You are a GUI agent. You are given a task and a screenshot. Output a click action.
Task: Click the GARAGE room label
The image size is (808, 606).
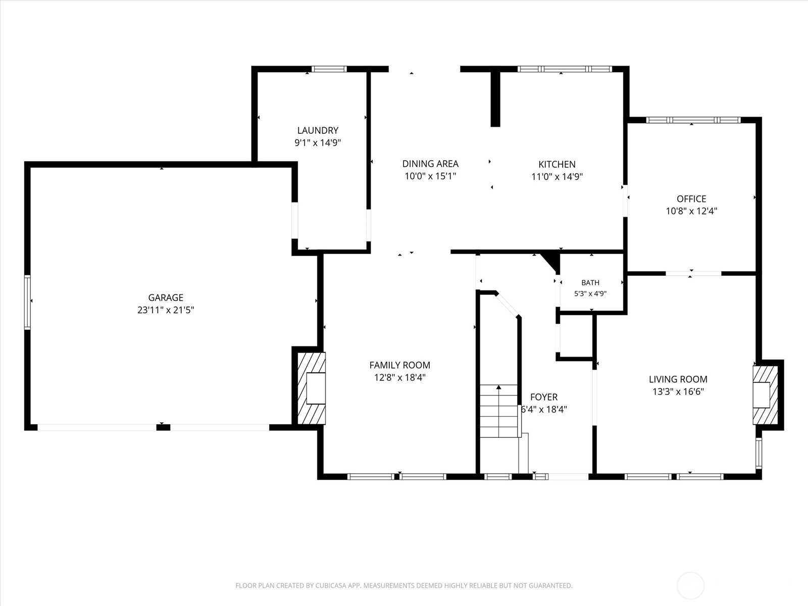[x=166, y=297]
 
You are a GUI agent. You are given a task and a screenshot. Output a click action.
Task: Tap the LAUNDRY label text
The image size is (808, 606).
[x=318, y=130]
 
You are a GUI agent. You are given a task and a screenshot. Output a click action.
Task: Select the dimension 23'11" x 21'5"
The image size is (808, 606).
[x=166, y=310]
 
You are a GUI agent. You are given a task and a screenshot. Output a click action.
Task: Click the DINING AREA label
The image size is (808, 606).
[x=430, y=164]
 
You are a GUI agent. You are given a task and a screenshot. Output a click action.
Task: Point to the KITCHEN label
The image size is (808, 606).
[x=557, y=165]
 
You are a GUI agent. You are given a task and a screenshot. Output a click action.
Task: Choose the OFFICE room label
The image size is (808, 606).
[x=691, y=199]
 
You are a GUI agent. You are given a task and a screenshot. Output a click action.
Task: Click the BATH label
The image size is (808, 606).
[x=590, y=283]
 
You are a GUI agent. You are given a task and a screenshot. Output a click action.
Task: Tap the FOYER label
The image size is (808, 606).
[x=544, y=397]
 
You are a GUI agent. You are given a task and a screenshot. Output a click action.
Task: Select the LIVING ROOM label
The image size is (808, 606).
[x=678, y=379]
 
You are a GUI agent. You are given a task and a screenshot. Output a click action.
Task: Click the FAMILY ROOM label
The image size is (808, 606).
[x=400, y=365]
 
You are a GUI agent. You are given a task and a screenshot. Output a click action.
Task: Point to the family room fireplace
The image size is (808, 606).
[x=311, y=388]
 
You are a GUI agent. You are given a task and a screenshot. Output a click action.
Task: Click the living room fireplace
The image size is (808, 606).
[x=765, y=395]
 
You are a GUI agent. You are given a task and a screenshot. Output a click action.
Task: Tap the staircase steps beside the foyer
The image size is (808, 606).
[x=499, y=411]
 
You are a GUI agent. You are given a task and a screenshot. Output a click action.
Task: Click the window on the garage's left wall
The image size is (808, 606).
[x=27, y=302]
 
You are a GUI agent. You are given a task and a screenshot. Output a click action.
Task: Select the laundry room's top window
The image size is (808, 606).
[x=329, y=69]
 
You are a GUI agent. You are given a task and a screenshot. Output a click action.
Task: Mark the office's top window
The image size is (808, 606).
[x=693, y=120]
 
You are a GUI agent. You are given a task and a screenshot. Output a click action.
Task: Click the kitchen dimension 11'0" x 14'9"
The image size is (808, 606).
[x=557, y=177]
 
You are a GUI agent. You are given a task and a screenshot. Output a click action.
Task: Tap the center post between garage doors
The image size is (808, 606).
[x=164, y=427]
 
